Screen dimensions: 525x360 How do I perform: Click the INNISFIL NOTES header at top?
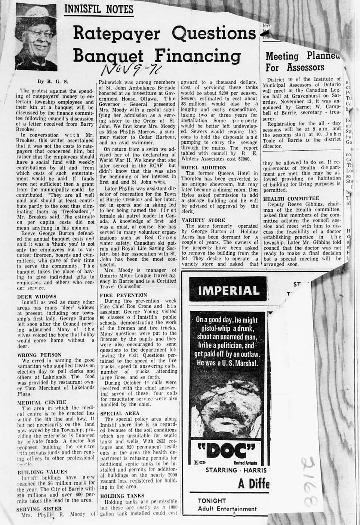coord(99,9)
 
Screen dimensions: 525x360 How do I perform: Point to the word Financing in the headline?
coord(197,56)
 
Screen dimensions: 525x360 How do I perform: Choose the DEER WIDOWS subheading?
coord(37,297)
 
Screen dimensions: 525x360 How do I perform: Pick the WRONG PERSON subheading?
coord(39,355)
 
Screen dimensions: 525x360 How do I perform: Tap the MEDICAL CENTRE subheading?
coord(42,402)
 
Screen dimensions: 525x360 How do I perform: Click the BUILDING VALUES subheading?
coord(42,472)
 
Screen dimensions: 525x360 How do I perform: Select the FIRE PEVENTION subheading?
coord(123,295)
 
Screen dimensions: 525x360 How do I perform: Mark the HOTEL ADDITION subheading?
coord(203,168)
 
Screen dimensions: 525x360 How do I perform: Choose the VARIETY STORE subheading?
coord(203,220)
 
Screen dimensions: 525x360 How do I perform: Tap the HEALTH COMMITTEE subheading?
coord(291,198)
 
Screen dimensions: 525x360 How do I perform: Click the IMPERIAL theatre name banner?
coord(228,291)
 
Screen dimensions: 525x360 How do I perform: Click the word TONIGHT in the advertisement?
coord(212,501)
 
